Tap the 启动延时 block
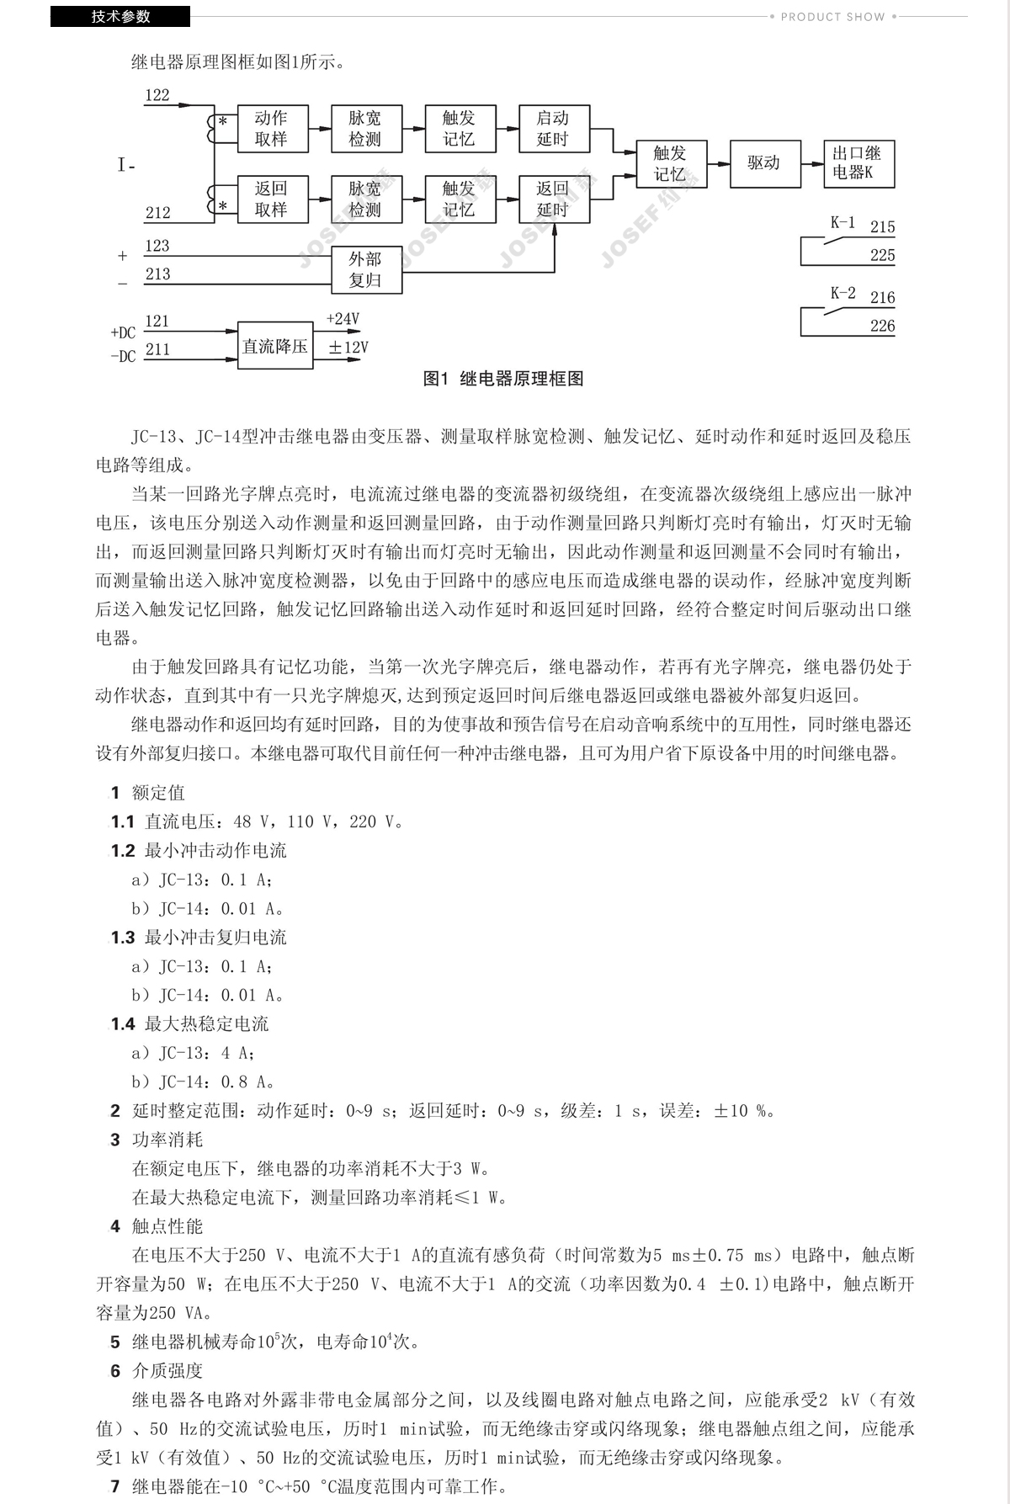[x=553, y=129]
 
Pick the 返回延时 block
[x=553, y=199]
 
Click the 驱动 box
[x=763, y=163]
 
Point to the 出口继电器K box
[x=858, y=163]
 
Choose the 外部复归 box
[x=365, y=270]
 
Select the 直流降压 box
[x=274, y=346]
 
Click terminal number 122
[x=157, y=95]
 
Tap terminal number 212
[x=157, y=213]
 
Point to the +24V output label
[x=343, y=319]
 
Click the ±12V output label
[x=348, y=347]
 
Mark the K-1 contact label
[x=843, y=223]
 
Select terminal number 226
[x=882, y=326]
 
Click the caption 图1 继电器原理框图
[x=502, y=379]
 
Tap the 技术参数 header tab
[x=120, y=16]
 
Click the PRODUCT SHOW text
[x=832, y=16]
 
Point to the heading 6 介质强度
[x=157, y=1370]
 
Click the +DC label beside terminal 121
[x=123, y=332]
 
